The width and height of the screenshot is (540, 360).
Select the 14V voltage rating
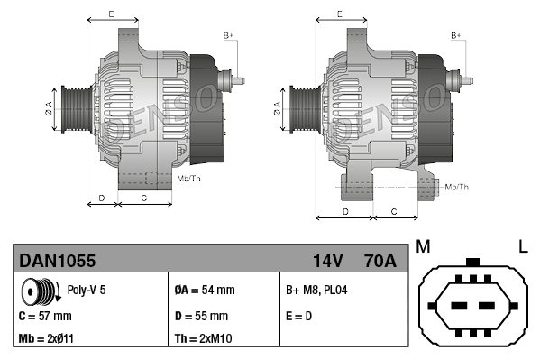point(327,262)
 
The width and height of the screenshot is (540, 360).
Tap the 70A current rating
point(378,262)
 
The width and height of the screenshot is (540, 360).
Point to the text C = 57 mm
point(45,317)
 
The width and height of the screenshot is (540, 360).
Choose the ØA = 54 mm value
point(204,291)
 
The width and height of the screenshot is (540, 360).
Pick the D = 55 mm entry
point(201,317)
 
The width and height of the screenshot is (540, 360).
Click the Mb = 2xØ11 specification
point(46,340)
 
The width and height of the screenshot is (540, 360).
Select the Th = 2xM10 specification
point(204,340)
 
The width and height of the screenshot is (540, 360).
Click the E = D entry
point(300,317)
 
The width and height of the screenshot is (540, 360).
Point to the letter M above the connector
point(423,246)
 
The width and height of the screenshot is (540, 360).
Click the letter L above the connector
point(522,246)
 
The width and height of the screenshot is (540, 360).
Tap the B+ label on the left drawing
point(228,35)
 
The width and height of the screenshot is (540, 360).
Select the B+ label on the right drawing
point(456,35)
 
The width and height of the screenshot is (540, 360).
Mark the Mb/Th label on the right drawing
point(457,187)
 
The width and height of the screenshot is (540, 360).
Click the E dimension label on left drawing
point(111,14)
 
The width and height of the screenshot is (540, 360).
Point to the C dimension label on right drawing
point(395,211)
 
